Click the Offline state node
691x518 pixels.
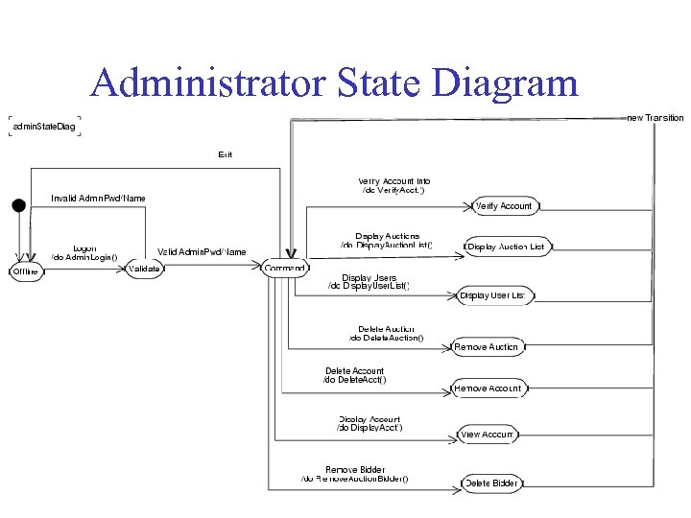coord(25,271)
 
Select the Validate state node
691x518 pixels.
coord(143,269)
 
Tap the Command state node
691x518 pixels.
coord(285,269)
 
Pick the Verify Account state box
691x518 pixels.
coord(504,205)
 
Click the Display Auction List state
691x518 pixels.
coord(507,247)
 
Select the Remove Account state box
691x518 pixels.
coord(488,388)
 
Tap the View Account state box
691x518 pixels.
coord(488,435)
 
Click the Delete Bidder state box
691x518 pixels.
coord(491,483)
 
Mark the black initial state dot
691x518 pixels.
coord(17,204)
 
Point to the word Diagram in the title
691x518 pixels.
coord(507,83)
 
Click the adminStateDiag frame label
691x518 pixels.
coord(44,127)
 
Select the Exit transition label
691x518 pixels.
coord(225,153)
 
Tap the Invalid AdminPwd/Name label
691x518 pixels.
coord(98,199)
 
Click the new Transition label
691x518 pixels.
coord(655,118)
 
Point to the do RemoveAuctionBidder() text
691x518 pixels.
coord(354,479)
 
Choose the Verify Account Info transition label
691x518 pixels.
coord(393,181)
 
